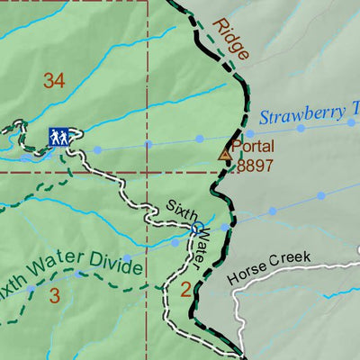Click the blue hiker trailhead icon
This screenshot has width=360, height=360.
tap(59, 137)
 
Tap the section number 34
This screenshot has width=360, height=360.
tap(54, 82)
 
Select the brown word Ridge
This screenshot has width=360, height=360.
tap(231, 41)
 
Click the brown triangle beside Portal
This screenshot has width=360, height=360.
tap(225, 155)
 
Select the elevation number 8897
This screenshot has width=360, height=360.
tap(255, 166)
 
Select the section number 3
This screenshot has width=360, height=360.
tap(55, 294)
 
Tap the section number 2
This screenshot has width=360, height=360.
tap(184, 289)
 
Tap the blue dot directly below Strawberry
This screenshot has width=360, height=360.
tap(301, 129)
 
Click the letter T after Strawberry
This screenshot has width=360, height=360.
tap(351, 112)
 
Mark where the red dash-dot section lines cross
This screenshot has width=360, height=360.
tap(147, 170)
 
